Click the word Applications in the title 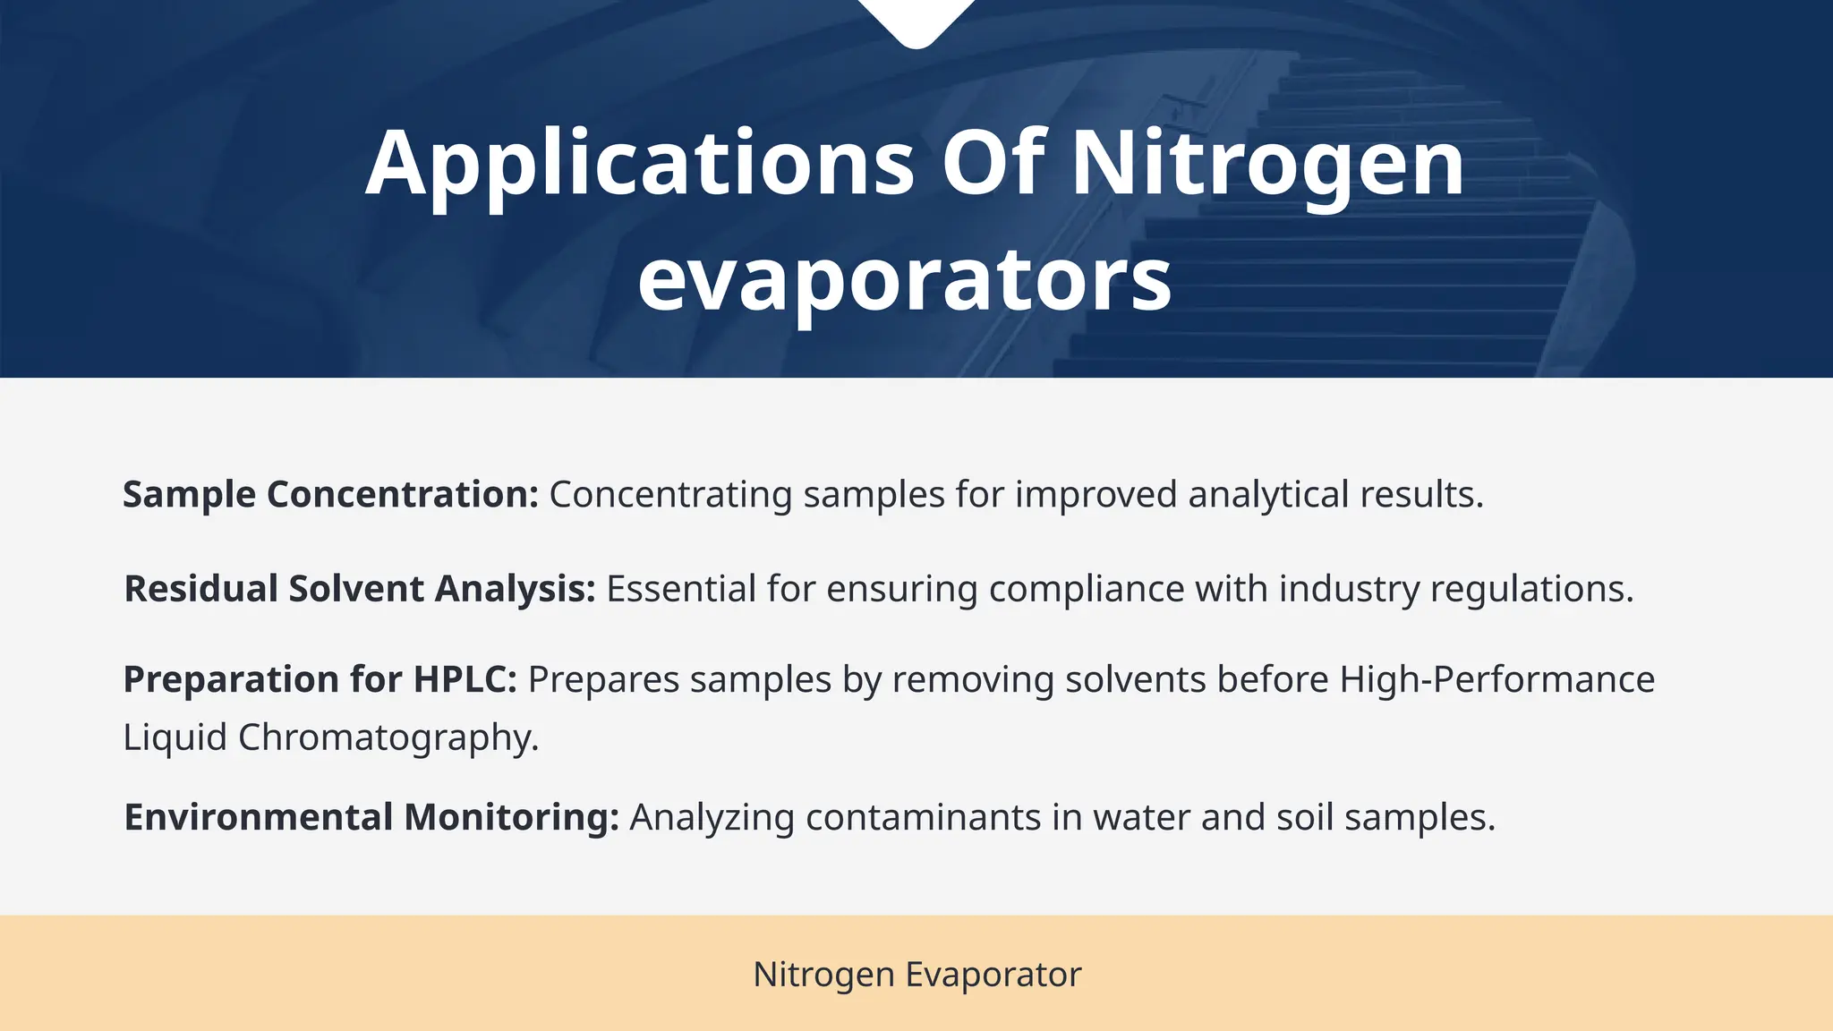639,164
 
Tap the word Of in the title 993,164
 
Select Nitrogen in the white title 1267,164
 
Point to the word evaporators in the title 904,279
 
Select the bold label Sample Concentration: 330,494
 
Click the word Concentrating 670,494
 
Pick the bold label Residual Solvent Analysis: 360,589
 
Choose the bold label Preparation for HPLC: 320,679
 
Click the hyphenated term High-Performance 1496,679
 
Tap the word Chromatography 388,737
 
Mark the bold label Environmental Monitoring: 371,817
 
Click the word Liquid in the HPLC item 175,737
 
